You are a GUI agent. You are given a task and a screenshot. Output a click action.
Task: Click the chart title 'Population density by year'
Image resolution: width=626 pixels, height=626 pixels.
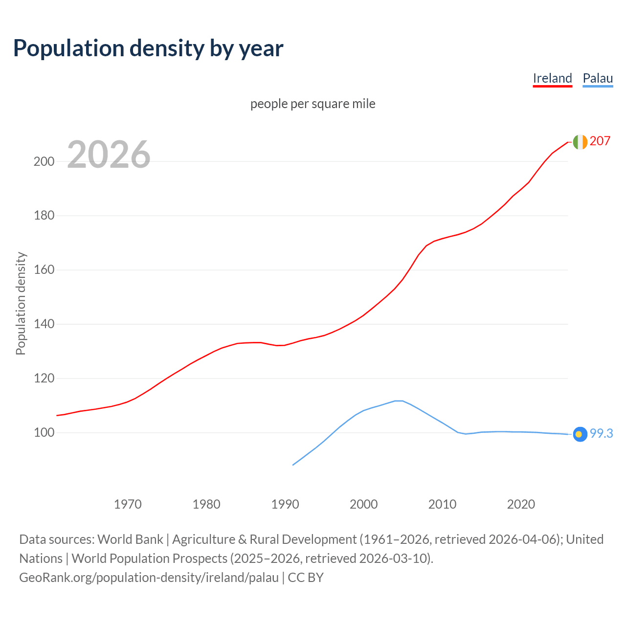[148, 48]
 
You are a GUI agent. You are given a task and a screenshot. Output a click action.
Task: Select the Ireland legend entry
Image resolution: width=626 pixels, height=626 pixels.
[552, 78]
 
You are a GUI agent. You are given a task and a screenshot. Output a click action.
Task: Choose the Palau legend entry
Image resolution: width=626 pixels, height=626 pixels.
[598, 78]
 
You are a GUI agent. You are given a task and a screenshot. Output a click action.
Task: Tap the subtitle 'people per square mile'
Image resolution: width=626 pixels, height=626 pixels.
[313, 104]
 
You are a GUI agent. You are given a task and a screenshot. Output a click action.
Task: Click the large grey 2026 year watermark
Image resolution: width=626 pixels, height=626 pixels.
[109, 155]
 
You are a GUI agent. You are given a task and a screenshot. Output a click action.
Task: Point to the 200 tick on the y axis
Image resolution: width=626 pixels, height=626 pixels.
[44, 161]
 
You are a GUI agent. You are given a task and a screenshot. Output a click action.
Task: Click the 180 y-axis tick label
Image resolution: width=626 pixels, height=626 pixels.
[44, 216]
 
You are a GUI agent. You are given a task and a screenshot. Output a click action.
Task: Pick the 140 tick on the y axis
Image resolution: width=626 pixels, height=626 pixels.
[44, 324]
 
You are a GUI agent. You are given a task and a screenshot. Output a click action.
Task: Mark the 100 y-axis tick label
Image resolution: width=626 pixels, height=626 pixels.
[44, 433]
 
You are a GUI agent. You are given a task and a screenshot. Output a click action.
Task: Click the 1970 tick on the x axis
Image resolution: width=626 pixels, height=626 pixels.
[128, 504]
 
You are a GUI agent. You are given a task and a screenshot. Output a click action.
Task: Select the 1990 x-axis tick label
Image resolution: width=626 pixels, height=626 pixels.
[285, 504]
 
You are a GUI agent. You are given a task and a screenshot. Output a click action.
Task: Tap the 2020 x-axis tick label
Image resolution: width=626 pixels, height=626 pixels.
[521, 504]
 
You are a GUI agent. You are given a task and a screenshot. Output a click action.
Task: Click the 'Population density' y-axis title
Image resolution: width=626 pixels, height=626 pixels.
[21, 303]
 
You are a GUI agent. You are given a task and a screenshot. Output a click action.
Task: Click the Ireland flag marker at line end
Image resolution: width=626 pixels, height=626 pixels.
[580, 142]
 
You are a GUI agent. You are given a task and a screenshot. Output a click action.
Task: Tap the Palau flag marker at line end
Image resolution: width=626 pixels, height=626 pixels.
[580, 434]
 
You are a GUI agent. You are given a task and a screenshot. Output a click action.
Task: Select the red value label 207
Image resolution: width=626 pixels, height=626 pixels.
[600, 141]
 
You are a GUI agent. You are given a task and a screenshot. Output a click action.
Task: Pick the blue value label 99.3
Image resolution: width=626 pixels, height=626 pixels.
[601, 434]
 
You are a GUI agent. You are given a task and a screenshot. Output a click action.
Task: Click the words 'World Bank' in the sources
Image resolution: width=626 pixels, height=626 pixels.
[130, 539]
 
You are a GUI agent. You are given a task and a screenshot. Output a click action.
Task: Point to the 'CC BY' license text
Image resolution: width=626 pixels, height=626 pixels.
[306, 578]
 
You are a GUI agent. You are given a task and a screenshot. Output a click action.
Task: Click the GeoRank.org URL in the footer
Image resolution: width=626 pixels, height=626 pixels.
[149, 578]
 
